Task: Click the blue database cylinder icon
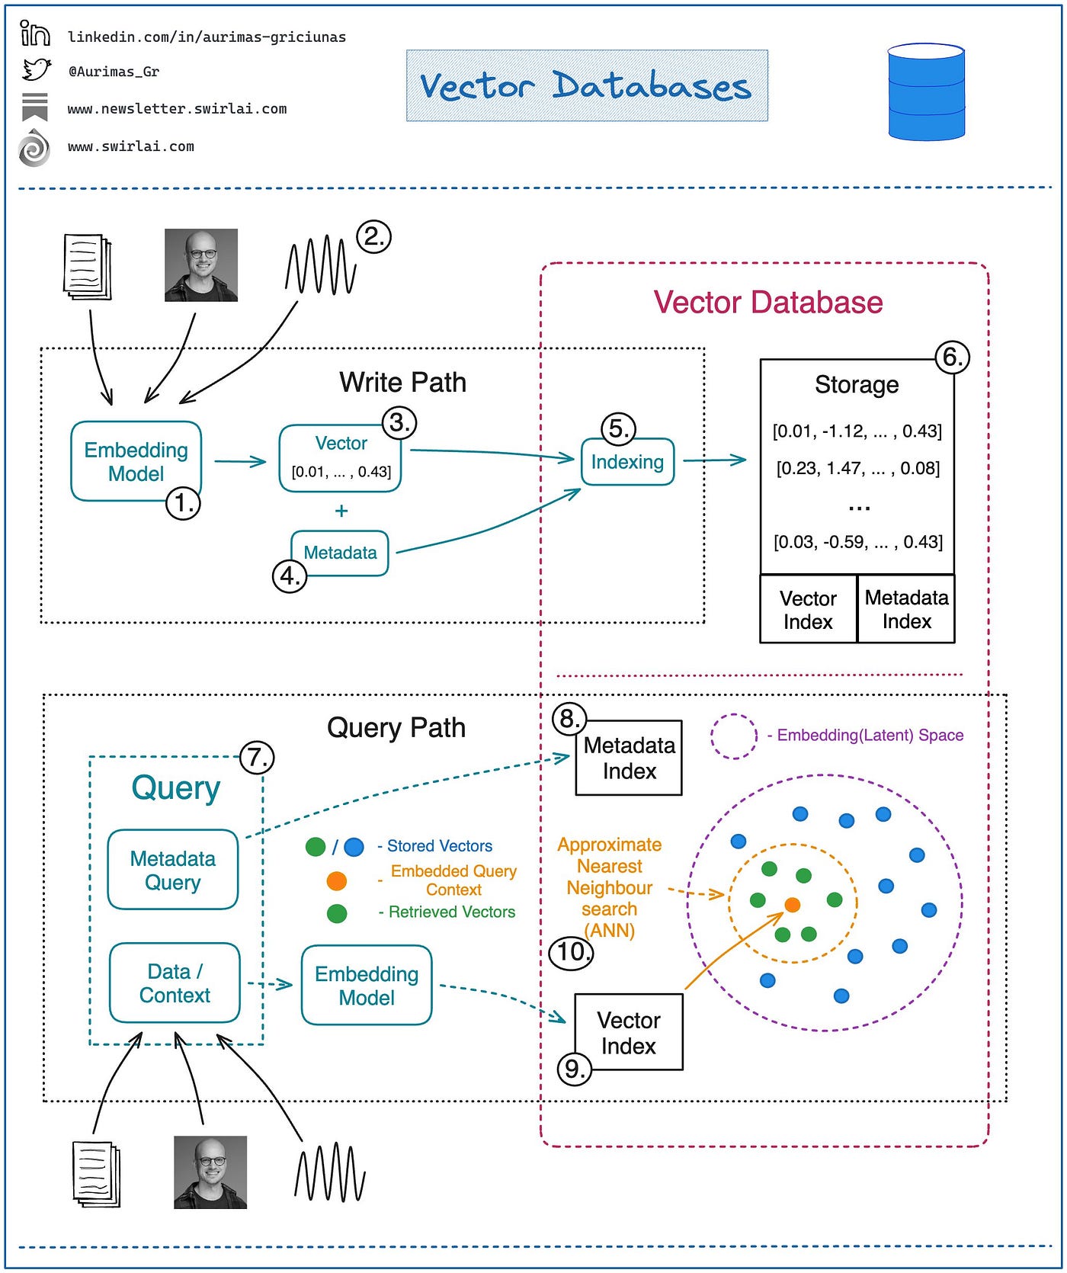click(926, 91)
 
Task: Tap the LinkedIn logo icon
click(35, 34)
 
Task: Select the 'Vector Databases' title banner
click(587, 85)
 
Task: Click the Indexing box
click(627, 462)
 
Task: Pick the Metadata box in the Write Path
click(340, 553)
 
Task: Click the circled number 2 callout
click(373, 236)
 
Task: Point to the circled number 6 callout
click(952, 357)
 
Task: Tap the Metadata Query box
click(173, 870)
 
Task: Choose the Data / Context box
click(175, 983)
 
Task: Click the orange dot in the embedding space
click(793, 905)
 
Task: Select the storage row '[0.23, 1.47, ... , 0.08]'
click(857, 468)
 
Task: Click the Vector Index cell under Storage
click(809, 610)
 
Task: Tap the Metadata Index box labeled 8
click(629, 758)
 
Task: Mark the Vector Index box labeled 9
click(629, 1032)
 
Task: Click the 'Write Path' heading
click(402, 382)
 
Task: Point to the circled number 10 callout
click(571, 952)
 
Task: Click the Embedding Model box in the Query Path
click(367, 986)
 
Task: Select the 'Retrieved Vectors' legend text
click(452, 912)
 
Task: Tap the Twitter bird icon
click(36, 69)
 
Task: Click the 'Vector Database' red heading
click(768, 302)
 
